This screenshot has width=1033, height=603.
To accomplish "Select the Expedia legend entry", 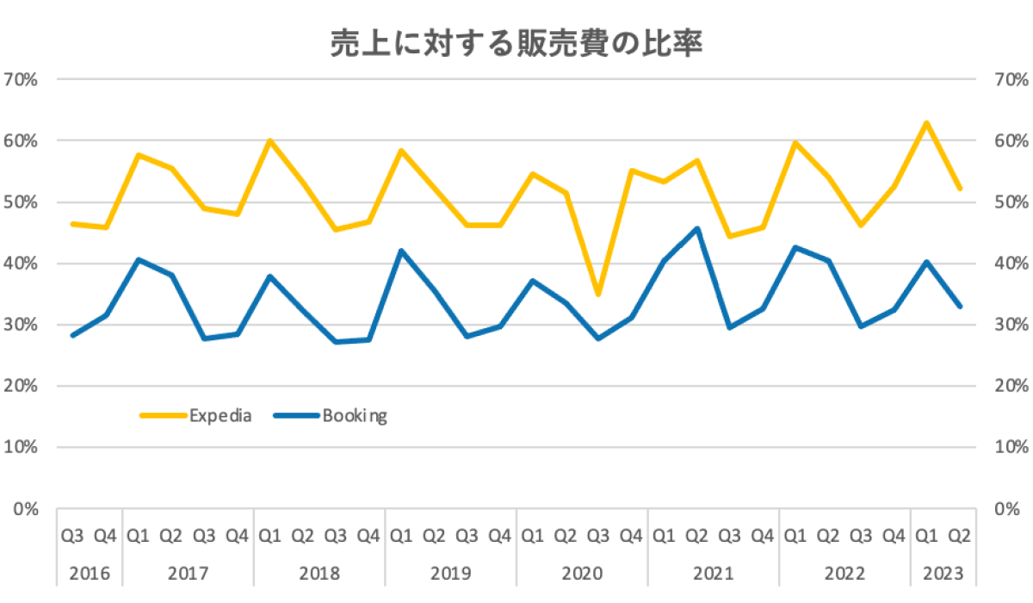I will click(x=220, y=416).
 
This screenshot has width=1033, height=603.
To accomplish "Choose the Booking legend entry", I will click(x=355, y=416).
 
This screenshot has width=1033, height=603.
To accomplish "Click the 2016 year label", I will click(x=90, y=573).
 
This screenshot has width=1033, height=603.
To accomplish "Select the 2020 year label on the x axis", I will click(x=582, y=573).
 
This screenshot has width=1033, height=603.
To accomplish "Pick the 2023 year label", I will click(x=943, y=573).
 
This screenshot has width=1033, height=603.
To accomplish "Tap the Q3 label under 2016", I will click(x=73, y=536).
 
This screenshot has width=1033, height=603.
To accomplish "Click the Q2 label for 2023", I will click(x=960, y=536).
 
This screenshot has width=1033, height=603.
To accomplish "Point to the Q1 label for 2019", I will click(x=401, y=536).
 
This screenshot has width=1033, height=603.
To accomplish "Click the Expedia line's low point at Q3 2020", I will click(x=598, y=295).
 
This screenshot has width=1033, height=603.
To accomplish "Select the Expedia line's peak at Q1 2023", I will click(x=926, y=122).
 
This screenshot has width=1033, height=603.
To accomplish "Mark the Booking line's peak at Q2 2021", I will click(x=696, y=228).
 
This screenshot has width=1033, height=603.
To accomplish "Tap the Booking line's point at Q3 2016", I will click(x=73, y=335).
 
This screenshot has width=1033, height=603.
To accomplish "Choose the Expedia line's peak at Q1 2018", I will click(x=270, y=140).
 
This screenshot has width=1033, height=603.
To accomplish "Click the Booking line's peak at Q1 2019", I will click(x=401, y=251).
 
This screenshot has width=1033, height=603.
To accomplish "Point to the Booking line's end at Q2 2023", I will click(x=960, y=306).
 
